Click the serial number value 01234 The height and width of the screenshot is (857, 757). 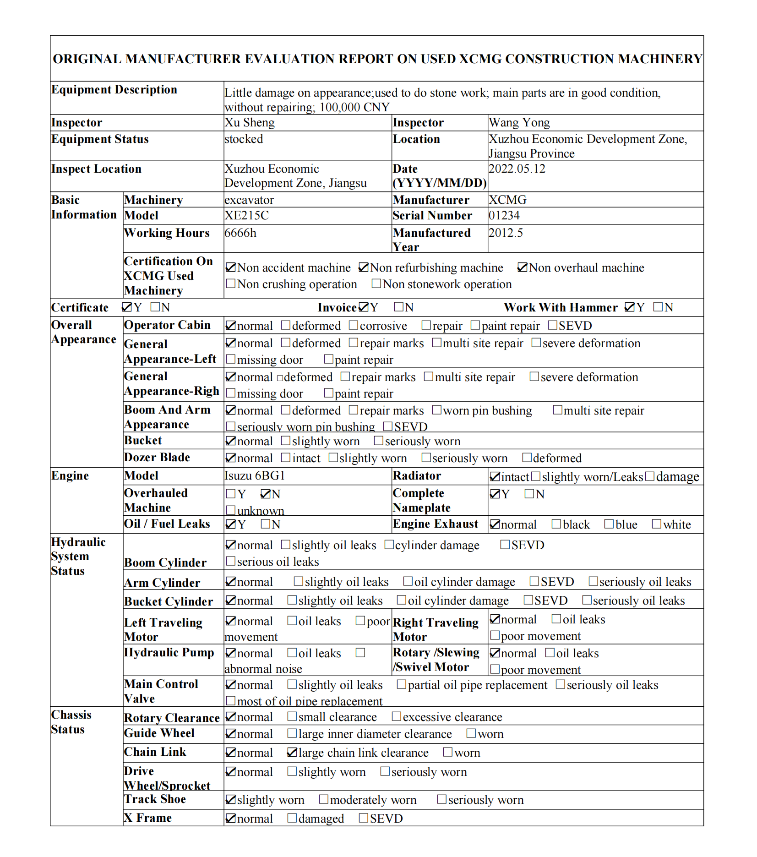[x=504, y=215]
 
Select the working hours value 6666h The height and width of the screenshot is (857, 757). [x=240, y=233]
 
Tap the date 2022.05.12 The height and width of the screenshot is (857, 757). [x=517, y=169]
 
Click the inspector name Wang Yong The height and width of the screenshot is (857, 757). [x=519, y=123]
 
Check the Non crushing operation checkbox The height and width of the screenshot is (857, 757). [x=231, y=284]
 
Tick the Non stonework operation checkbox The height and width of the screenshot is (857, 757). [x=376, y=284]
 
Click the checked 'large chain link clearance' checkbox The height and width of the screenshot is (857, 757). [x=292, y=753]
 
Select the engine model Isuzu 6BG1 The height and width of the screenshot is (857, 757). [x=255, y=476]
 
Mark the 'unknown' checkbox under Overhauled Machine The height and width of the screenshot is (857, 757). [x=231, y=510]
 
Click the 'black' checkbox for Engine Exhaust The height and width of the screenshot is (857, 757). [x=556, y=524]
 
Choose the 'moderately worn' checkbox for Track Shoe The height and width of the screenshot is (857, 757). [x=323, y=800]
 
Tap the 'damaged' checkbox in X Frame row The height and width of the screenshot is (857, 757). [x=292, y=818]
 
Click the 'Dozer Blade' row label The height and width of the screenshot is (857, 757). [x=157, y=457]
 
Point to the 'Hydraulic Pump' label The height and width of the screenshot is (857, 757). [x=169, y=652]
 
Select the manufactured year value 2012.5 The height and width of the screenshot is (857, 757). [x=506, y=233]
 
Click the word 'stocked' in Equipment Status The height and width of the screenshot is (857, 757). [x=244, y=139]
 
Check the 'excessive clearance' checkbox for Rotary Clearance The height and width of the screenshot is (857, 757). [x=396, y=716]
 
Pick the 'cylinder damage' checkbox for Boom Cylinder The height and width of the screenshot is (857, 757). [x=389, y=545]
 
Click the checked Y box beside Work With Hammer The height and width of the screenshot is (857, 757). [x=630, y=307]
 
